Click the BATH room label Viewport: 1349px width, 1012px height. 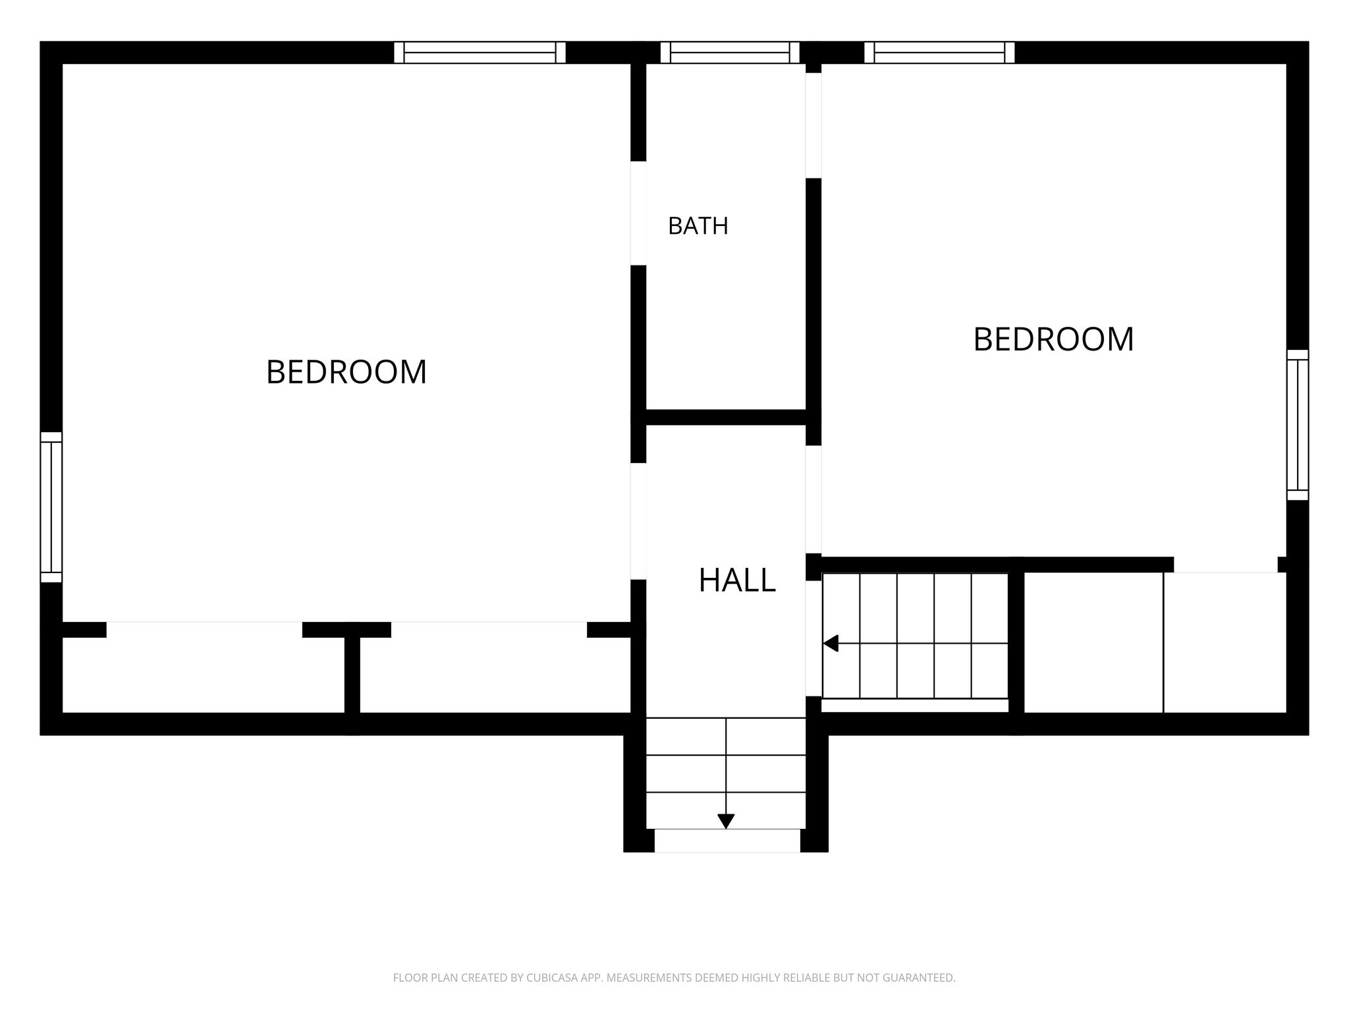coord(698,226)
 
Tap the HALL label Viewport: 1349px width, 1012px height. coord(736,580)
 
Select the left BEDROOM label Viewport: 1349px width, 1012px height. coord(346,372)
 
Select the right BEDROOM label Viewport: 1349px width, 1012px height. coord(1053,340)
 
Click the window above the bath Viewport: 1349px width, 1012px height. coord(730,52)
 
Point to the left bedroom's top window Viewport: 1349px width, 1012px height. coord(480,52)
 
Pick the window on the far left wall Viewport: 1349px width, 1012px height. coord(51,507)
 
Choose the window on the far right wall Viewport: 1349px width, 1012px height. coord(1298,425)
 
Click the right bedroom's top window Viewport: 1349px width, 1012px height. coord(939,52)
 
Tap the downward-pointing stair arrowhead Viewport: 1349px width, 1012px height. coord(726,822)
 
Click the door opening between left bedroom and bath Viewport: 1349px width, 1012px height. coord(638,213)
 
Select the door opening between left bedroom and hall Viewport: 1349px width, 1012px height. coord(638,521)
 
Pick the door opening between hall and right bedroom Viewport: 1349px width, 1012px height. coord(813,499)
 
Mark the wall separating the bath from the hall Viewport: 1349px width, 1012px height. coord(726,417)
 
